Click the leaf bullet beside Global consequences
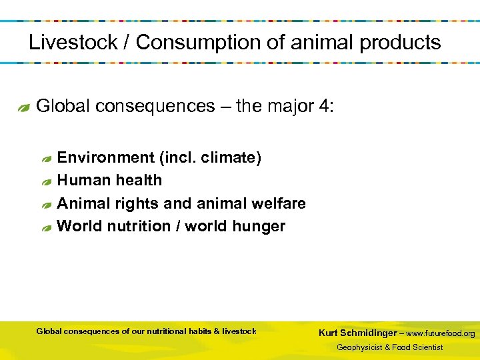[24, 108]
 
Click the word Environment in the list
[105, 158]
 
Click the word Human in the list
[82, 180]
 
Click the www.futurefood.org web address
[441, 333]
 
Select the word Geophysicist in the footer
[359, 347]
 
